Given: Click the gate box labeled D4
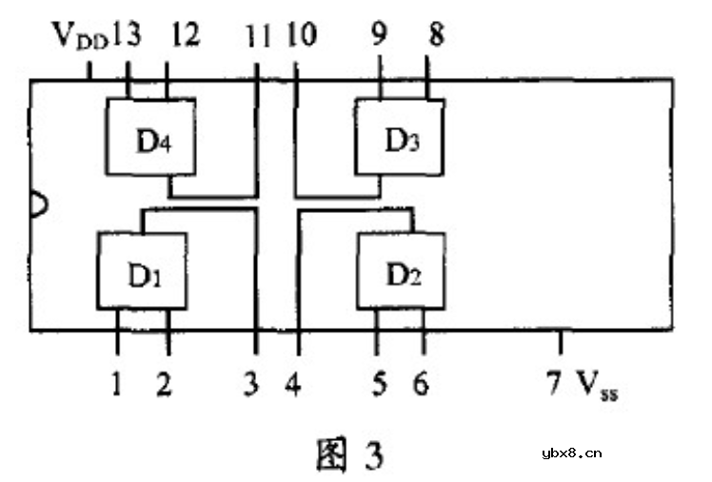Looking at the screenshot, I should tap(150, 136).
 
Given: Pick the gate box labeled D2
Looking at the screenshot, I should tap(401, 271).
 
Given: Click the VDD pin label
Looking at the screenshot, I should tap(79, 37).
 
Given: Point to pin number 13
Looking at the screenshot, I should tap(126, 37).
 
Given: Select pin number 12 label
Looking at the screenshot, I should tap(185, 37).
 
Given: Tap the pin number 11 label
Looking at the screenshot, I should tap(258, 37).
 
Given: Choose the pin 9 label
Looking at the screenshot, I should tap(380, 37).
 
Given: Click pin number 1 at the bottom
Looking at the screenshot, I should tap(116, 384).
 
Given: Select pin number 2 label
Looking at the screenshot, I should tap(165, 384).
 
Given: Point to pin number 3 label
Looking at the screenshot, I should tap(250, 384).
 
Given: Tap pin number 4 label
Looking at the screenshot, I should tap(295, 384).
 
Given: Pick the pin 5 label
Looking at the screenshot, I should tap(379, 384).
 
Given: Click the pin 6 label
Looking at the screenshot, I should tap(420, 384).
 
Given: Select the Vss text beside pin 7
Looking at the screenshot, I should tap(597, 385).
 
